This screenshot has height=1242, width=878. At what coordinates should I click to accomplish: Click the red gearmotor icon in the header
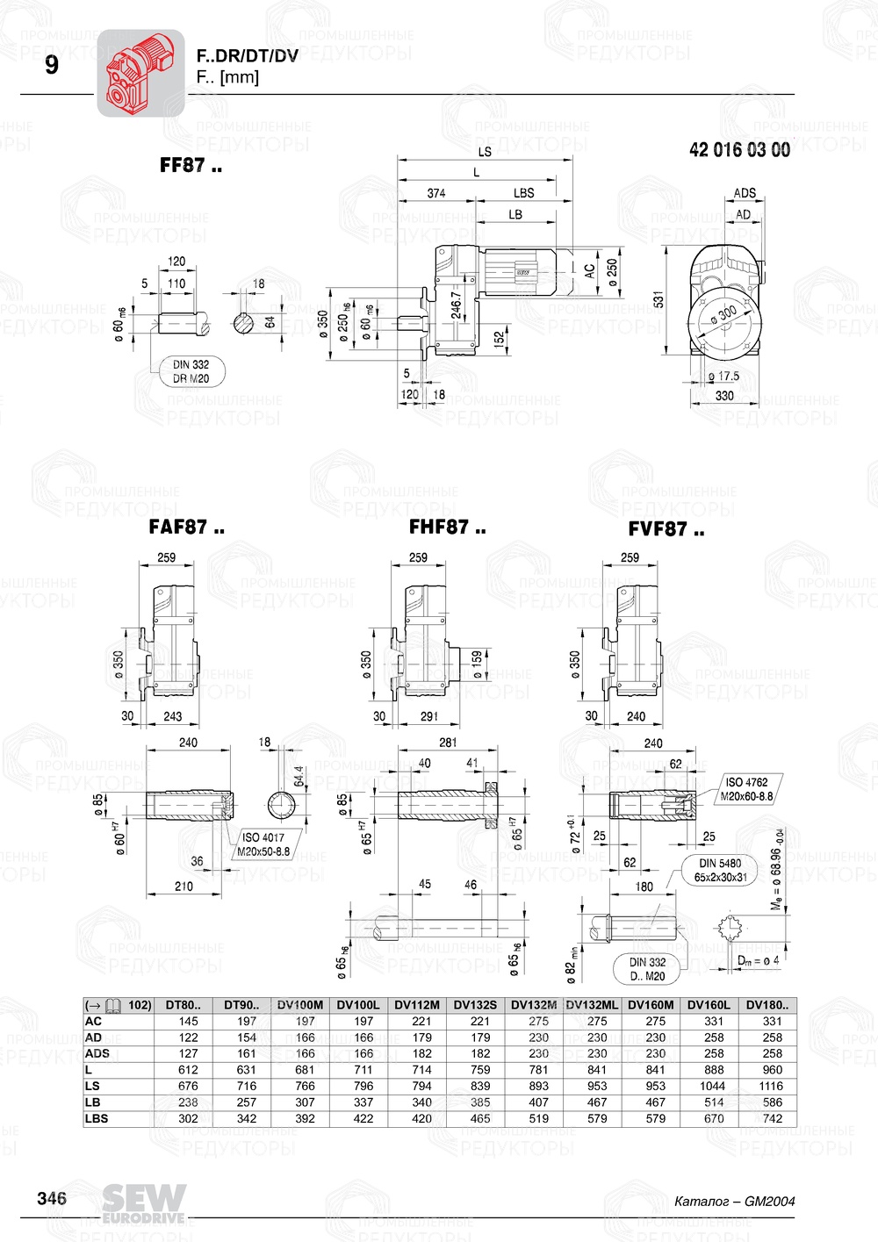tap(140, 73)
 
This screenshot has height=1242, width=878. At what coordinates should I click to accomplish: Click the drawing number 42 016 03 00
tap(739, 150)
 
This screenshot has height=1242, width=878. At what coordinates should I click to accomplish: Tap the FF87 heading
tap(191, 165)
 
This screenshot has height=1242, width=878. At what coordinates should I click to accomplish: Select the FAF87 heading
tap(186, 528)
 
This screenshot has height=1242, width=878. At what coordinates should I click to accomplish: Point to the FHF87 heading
tap(447, 528)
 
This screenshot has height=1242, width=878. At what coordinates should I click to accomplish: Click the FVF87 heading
tap(666, 529)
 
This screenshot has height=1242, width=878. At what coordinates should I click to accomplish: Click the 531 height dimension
tap(658, 299)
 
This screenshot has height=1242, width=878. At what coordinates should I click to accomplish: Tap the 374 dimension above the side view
tap(436, 193)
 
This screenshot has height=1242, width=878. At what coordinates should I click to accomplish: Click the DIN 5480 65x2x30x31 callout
tap(721, 870)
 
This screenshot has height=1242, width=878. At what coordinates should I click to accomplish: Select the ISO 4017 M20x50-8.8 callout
tap(263, 844)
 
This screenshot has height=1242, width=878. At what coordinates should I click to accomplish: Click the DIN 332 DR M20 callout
tap(191, 371)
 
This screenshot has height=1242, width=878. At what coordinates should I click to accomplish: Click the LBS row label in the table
tap(94, 1118)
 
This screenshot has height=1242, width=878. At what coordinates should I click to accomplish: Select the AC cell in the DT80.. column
tap(188, 1021)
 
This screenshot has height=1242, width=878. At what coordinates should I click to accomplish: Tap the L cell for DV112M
tap(421, 1070)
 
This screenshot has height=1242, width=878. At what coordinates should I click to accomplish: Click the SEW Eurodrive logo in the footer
tap(144, 1203)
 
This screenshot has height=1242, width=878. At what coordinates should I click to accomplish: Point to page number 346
tap(52, 1198)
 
